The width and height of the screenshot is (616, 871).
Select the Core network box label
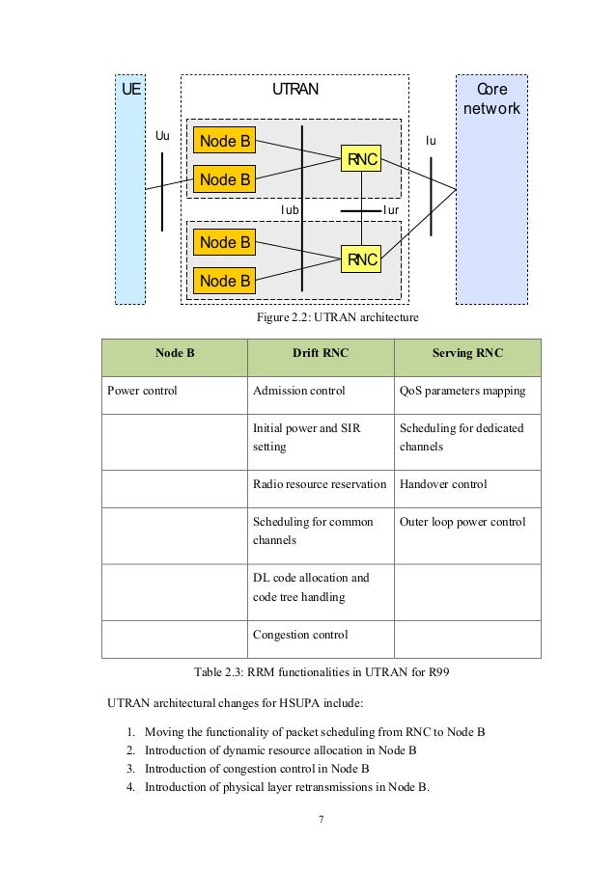pyautogui.click(x=491, y=98)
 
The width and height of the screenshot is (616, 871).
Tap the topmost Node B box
pyautogui.click(x=224, y=142)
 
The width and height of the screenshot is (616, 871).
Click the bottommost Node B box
pyautogui.click(x=224, y=281)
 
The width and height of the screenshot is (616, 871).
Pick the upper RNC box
pyautogui.click(x=362, y=160)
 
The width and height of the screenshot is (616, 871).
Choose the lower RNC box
pyautogui.click(x=362, y=259)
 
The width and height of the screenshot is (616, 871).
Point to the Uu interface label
pyautogui.click(x=163, y=136)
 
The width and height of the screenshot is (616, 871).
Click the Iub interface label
pyautogui.click(x=290, y=208)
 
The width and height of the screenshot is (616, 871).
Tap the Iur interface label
pyautogui.click(x=391, y=208)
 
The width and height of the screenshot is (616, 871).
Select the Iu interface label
pyautogui.click(x=431, y=141)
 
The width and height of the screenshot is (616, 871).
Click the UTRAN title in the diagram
pyautogui.click(x=294, y=90)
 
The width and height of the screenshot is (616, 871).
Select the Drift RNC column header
pyautogui.click(x=321, y=353)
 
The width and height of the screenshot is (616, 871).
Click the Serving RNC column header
pyautogui.click(x=467, y=353)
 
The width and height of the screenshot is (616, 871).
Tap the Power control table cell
pyautogui.click(x=142, y=391)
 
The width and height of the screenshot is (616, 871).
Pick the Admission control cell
pyautogui.click(x=298, y=391)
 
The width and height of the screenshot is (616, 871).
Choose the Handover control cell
pyautogui.click(x=443, y=484)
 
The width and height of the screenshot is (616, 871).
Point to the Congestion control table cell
pyautogui.click(x=300, y=635)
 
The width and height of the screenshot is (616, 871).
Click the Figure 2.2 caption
pyautogui.click(x=337, y=316)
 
